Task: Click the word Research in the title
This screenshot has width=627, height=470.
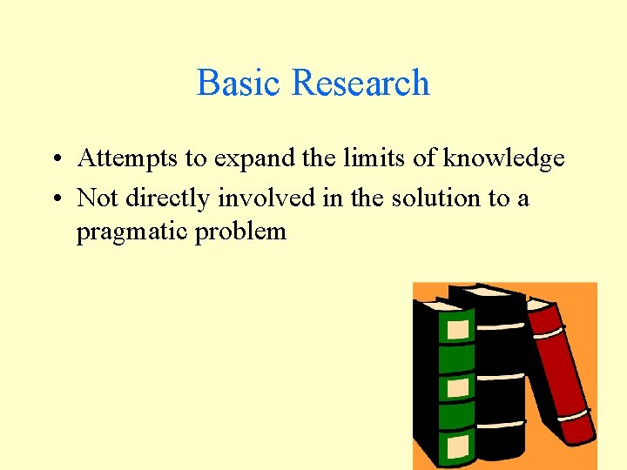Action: (x=361, y=83)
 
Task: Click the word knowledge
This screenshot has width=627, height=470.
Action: (x=503, y=159)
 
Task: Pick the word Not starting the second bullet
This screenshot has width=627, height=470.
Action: (x=98, y=198)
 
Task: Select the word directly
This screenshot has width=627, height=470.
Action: (x=169, y=199)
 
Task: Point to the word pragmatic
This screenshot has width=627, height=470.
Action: (x=132, y=232)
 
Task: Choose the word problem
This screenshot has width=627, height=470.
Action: (x=240, y=232)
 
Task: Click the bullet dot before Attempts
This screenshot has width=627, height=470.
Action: (x=55, y=159)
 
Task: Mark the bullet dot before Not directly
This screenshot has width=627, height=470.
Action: (x=55, y=199)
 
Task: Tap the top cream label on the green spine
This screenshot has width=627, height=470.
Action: (x=457, y=330)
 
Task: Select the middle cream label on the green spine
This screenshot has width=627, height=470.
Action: (x=458, y=387)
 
